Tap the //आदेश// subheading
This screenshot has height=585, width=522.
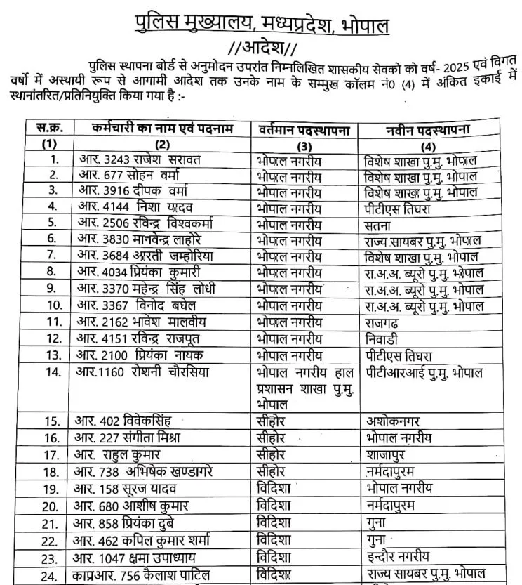point(262,51)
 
